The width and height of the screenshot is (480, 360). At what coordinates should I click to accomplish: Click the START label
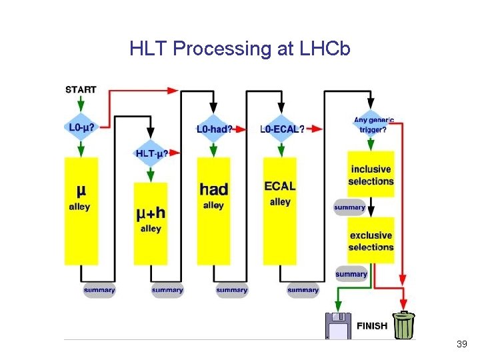click(x=81, y=89)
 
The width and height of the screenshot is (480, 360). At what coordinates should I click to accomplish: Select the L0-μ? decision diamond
click(x=81, y=127)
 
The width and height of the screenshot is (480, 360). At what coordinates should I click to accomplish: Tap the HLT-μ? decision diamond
click(x=151, y=153)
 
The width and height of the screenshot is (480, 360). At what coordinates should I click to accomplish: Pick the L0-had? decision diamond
click(x=215, y=128)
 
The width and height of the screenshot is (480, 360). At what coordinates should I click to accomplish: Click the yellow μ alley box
click(x=81, y=210)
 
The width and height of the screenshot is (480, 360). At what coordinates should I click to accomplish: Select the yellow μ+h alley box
click(x=151, y=223)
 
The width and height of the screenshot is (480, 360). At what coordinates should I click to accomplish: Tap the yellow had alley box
click(x=213, y=210)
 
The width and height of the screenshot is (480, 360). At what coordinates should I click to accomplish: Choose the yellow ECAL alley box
click(x=280, y=210)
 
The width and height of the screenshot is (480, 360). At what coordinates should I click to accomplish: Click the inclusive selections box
click(x=371, y=175)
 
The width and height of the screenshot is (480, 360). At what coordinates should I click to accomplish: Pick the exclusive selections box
click(x=371, y=240)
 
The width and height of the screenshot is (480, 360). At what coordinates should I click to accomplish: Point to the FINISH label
click(x=371, y=326)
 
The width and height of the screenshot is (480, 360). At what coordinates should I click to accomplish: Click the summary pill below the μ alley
click(x=99, y=290)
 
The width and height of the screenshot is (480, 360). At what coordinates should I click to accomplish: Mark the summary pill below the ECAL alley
click(x=303, y=290)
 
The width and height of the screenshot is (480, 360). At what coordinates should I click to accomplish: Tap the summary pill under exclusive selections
click(x=351, y=274)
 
